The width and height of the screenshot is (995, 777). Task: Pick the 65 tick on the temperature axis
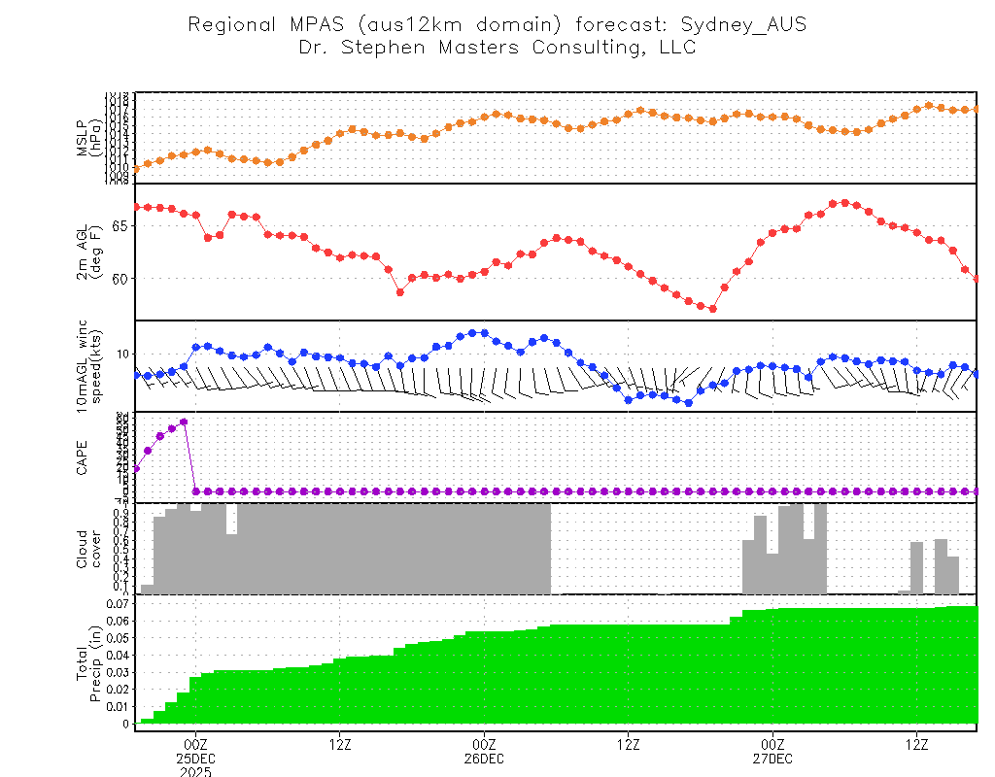(x=122, y=225)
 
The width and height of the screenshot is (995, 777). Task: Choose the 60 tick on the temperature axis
(x=122, y=279)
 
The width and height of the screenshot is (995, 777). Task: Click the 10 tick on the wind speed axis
(x=122, y=354)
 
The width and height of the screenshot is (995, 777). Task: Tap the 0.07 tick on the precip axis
(x=118, y=604)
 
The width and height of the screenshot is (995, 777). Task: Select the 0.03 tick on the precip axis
(x=118, y=672)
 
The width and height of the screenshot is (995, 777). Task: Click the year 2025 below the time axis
(x=194, y=771)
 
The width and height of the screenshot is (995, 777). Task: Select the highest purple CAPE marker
(x=184, y=422)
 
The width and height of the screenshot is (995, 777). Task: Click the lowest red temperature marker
(x=712, y=309)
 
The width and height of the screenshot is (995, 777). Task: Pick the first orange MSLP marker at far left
(x=136, y=169)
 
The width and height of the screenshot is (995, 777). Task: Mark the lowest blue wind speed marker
(x=688, y=403)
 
